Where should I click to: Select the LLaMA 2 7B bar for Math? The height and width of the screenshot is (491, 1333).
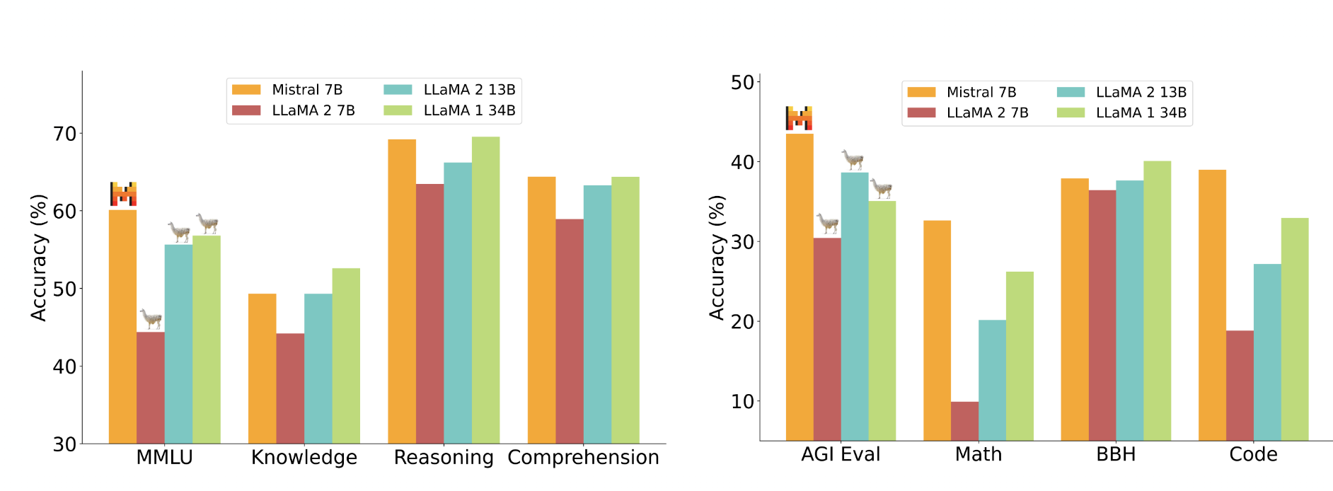click(964, 422)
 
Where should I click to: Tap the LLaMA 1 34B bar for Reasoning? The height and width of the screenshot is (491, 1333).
click(485, 290)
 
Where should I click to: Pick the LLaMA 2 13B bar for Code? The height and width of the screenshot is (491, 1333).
click(1267, 352)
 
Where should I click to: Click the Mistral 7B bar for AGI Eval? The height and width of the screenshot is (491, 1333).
click(800, 287)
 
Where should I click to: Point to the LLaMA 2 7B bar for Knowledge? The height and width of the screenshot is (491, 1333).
click(290, 388)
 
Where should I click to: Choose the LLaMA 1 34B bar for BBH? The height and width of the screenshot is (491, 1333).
click(1157, 301)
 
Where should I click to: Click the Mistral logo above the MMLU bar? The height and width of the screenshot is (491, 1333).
click(123, 194)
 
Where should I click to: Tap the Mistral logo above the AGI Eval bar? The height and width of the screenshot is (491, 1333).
click(799, 118)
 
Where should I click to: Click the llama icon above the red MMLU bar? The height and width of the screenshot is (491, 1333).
click(151, 318)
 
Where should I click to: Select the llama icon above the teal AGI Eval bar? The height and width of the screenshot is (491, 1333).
click(853, 159)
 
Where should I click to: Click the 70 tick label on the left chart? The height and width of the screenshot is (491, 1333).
click(65, 134)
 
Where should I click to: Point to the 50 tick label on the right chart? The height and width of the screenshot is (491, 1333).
click(742, 83)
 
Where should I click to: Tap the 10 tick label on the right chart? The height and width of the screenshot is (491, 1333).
click(742, 401)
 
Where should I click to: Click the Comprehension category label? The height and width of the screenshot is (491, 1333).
click(583, 458)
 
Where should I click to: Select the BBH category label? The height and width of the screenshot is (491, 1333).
click(1116, 454)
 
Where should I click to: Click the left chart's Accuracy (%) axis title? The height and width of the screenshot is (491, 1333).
click(39, 258)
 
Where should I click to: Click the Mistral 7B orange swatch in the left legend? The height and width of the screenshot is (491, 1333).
click(246, 90)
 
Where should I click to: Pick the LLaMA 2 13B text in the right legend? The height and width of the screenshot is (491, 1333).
click(1141, 92)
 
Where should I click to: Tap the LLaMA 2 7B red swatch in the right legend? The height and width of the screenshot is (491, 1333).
click(921, 112)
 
